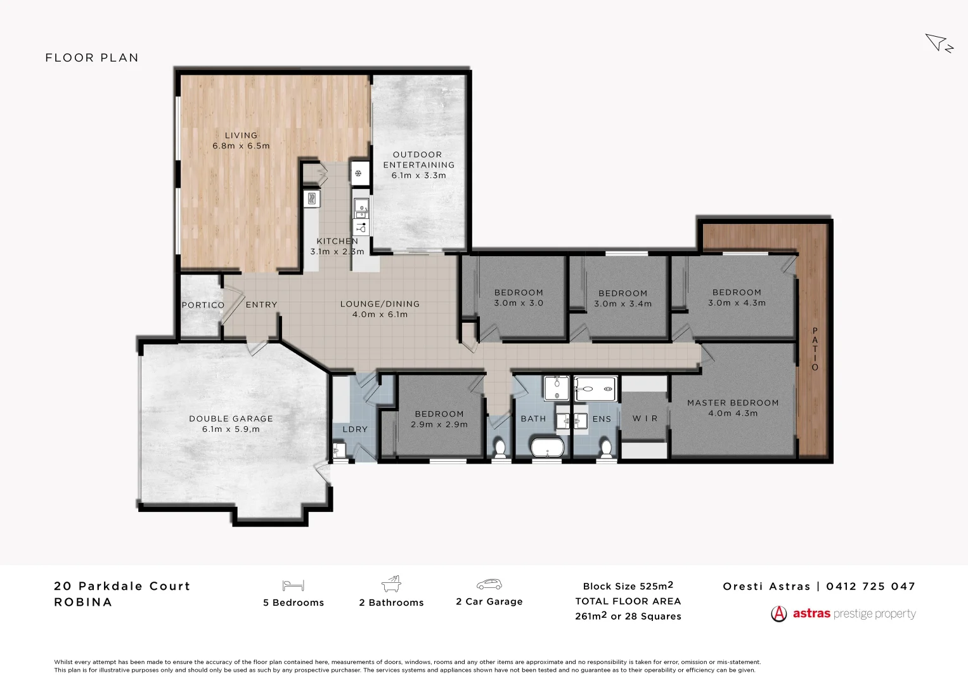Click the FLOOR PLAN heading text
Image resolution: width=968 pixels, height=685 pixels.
click(92, 58)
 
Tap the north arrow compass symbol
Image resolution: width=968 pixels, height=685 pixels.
click(938, 43)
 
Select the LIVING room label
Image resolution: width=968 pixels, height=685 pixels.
click(241, 135)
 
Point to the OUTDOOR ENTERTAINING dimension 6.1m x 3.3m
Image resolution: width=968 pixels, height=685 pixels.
click(418, 176)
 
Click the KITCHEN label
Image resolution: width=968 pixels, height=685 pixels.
click(337, 241)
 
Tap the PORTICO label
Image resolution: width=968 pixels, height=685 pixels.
click(203, 305)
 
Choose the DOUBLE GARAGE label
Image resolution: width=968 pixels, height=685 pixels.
click(231, 419)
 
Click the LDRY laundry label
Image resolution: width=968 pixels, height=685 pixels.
click(355, 429)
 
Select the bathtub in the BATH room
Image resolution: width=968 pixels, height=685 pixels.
click(546, 447)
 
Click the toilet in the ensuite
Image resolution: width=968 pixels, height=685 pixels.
click(606, 448)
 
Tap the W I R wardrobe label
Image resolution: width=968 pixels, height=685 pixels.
click(645, 419)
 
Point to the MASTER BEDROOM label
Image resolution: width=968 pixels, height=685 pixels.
click(733, 403)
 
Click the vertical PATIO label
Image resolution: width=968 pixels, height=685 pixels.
click(815, 349)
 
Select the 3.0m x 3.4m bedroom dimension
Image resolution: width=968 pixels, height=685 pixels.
click(623, 304)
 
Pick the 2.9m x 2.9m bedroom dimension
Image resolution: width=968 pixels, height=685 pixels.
click(439, 424)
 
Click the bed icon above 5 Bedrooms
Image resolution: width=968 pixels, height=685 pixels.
click(294, 585)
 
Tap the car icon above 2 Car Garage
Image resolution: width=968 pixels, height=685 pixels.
click(489, 584)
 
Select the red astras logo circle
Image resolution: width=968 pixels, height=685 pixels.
click(778, 614)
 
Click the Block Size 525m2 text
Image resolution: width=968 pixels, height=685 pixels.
click(628, 586)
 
